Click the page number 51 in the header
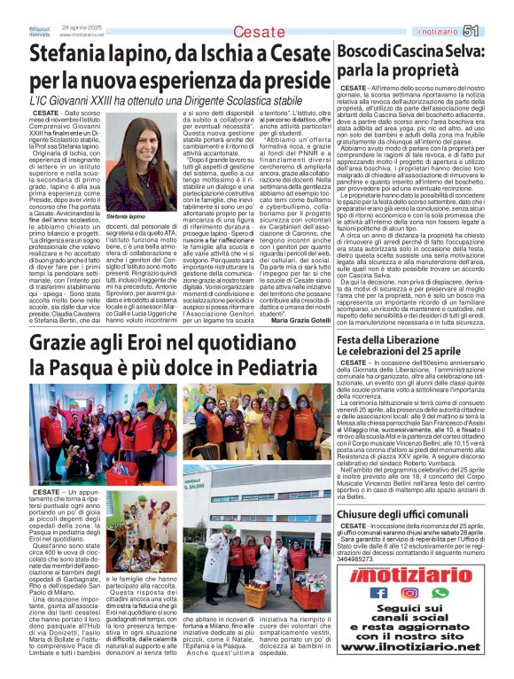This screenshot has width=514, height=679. point(495,31)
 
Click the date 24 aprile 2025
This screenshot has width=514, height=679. point(79,27)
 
